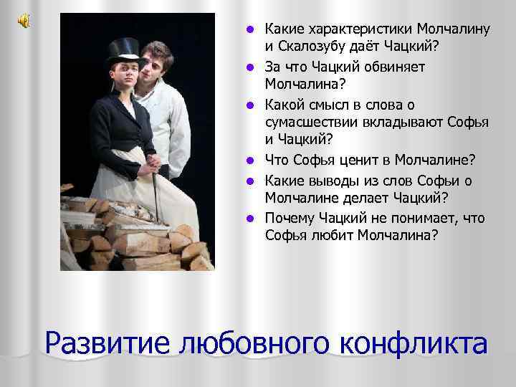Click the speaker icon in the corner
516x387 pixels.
[x=23, y=21]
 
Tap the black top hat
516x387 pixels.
[x=123, y=49]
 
